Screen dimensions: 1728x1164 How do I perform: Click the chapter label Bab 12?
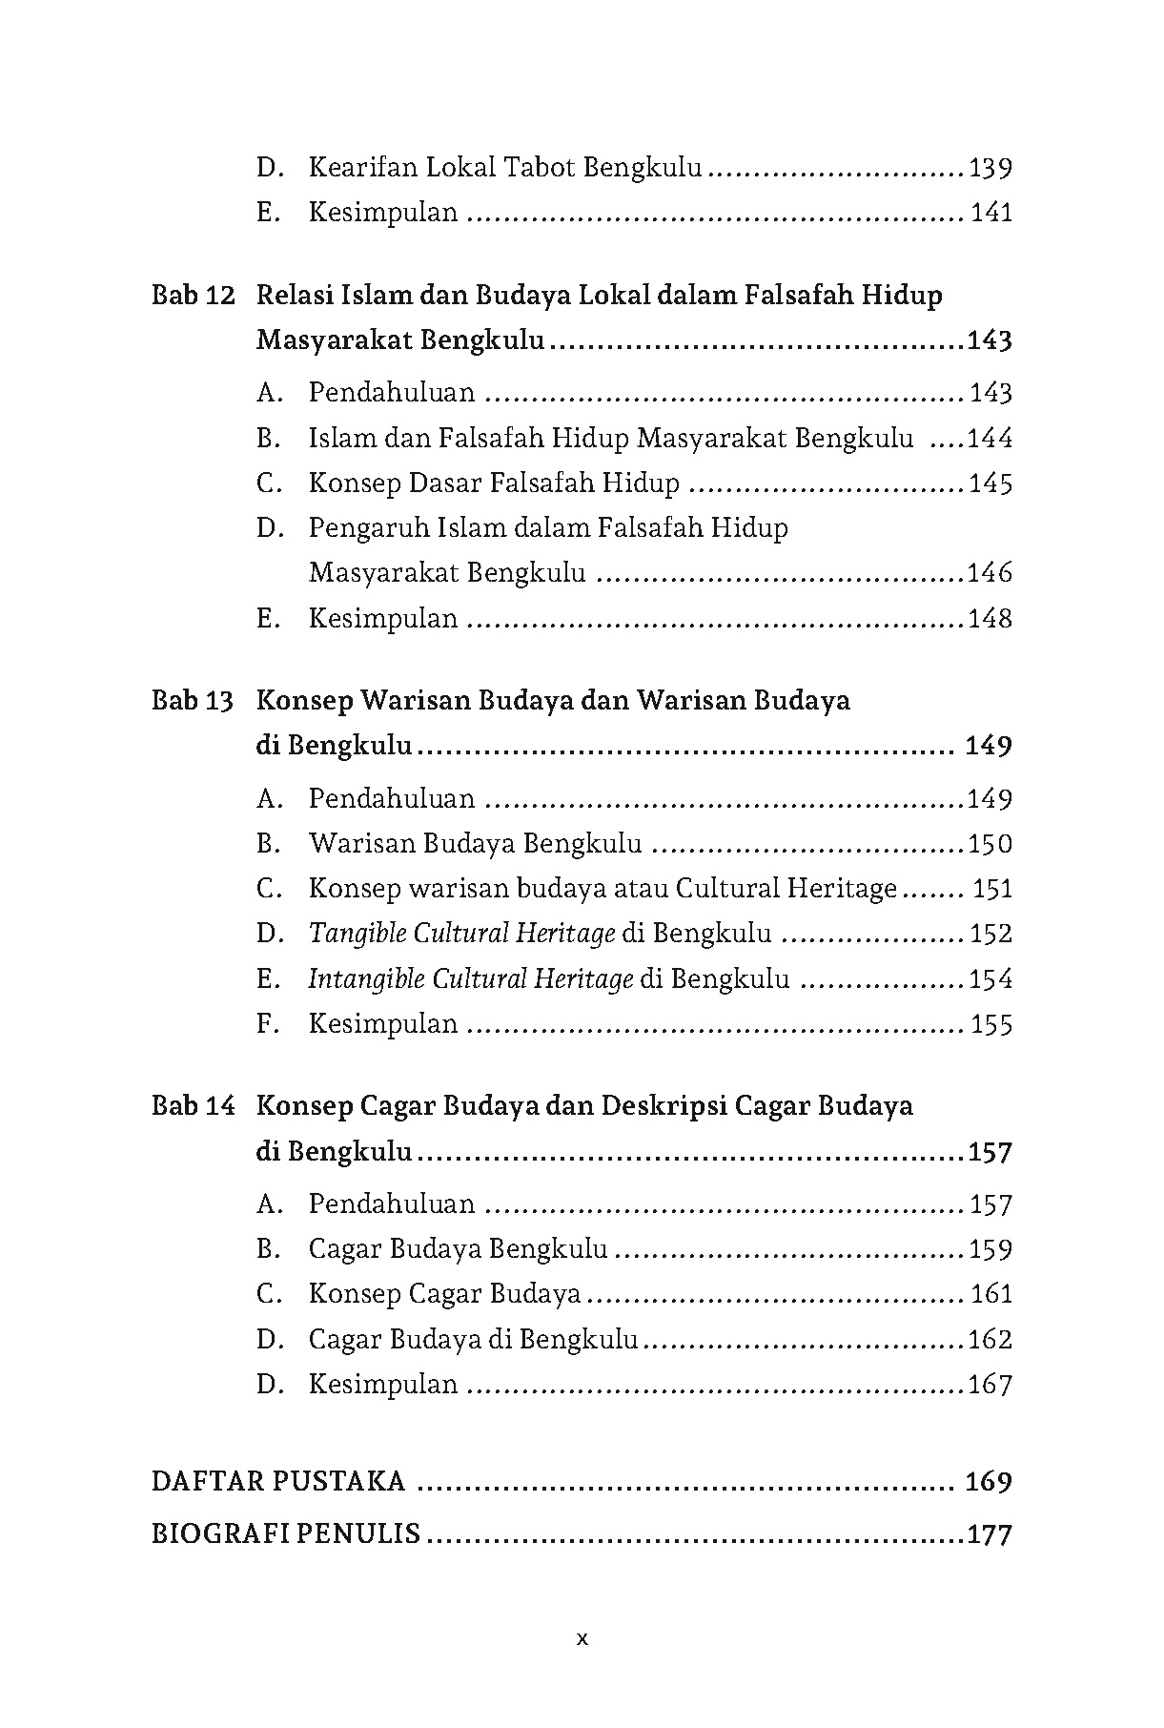[193, 296]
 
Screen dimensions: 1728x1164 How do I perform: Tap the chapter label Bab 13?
[193, 701]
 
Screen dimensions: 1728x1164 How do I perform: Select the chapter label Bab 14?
[193, 1106]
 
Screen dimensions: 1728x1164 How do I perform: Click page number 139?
[990, 169]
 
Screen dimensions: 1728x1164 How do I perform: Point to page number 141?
[990, 213]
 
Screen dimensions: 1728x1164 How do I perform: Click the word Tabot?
[538, 168]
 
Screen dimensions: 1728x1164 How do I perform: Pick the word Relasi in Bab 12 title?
[295, 296]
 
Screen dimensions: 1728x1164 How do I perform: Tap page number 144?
[990, 439]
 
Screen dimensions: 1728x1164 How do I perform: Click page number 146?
[990, 573]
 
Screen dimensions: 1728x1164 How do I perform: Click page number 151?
[991, 889]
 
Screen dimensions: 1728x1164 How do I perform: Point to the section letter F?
[268, 1024]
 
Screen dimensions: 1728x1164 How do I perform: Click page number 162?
[990, 1340]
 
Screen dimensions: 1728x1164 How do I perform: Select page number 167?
[990, 1385]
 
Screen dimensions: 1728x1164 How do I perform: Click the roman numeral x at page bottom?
[582, 1639]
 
